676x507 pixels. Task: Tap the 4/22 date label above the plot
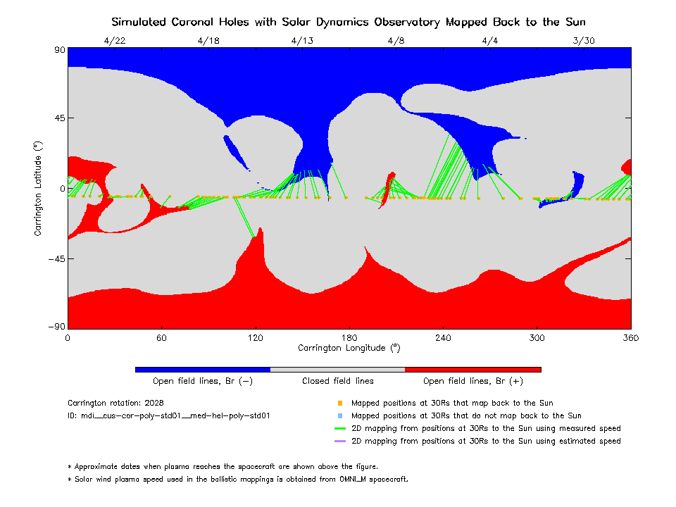pyautogui.click(x=115, y=40)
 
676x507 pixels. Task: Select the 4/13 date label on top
pyautogui.click(x=302, y=40)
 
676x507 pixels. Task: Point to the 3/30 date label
pyautogui.click(x=584, y=40)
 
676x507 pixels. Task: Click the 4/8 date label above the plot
pyautogui.click(x=396, y=40)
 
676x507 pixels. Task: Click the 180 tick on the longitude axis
pyautogui.click(x=349, y=338)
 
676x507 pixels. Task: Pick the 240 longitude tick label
pyautogui.click(x=443, y=338)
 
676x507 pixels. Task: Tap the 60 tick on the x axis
pyautogui.click(x=161, y=338)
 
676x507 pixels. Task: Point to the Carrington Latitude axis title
pyautogui.click(x=38, y=188)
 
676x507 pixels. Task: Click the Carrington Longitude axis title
pyautogui.click(x=349, y=348)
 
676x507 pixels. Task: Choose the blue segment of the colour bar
pyautogui.click(x=203, y=369)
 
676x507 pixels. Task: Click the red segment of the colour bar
pyautogui.click(x=473, y=369)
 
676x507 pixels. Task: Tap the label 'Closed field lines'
pyautogui.click(x=338, y=381)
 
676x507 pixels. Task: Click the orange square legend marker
pyautogui.click(x=339, y=403)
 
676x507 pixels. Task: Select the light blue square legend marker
pyautogui.click(x=339, y=416)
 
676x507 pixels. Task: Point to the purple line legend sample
pyautogui.click(x=339, y=442)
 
